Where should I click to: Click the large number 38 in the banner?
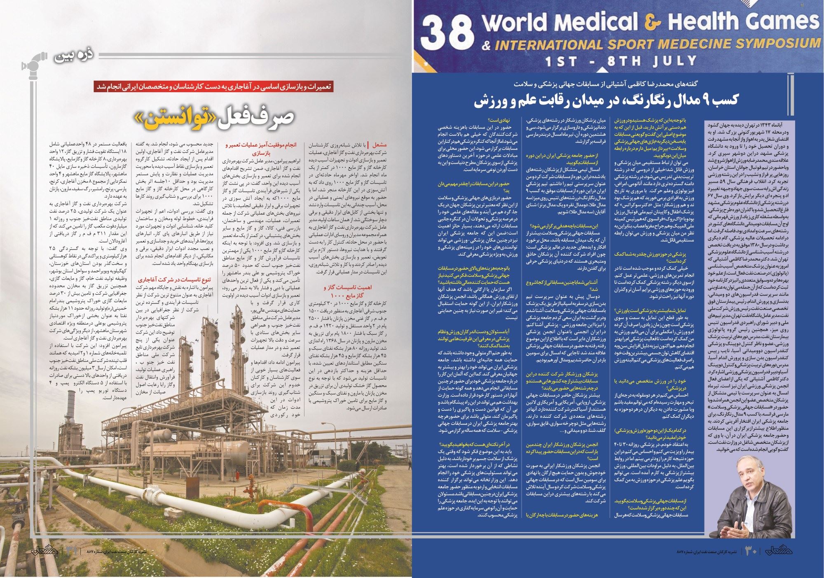[x=446, y=35]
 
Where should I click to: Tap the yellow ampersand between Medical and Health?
[x=652, y=23]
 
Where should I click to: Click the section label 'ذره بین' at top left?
[x=74, y=56]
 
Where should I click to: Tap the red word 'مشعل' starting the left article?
[x=379, y=145]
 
